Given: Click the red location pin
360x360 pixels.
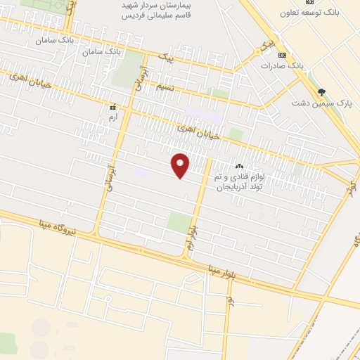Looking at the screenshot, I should [x=180, y=165].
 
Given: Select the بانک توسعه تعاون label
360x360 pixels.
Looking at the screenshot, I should [x=308, y=13].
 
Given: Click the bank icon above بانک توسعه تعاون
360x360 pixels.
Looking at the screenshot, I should [x=308, y=3].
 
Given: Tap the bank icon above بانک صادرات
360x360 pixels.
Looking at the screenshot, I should [x=282, y=55].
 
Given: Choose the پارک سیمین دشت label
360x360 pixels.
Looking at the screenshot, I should [x=321, y=103].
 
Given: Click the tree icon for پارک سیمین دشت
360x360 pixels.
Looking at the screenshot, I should [x=321, y=92].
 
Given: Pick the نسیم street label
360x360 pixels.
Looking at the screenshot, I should [x=165, y=86].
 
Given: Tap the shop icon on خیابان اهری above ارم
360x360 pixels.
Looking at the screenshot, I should [x=113, y=108].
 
